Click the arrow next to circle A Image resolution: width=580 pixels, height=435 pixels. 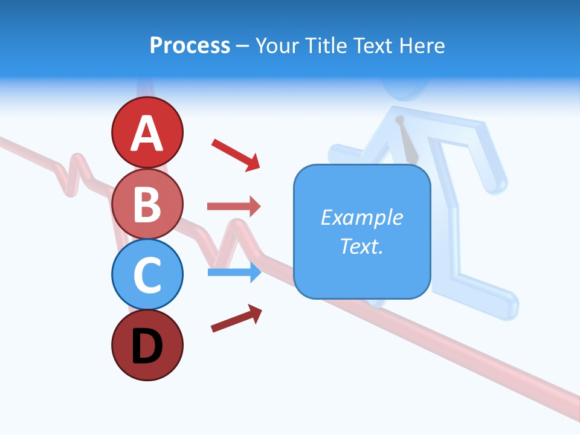pos(236,154)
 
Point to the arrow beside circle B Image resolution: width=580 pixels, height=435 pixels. pos(234,207)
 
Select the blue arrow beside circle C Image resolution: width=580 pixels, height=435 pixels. pos(234,272)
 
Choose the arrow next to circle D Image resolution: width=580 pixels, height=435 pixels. pos(236,318)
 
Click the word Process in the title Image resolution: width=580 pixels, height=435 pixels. pos(190,46)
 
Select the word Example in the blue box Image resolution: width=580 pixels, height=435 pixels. pos(361,217)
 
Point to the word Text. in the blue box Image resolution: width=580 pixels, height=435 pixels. pos(361,246)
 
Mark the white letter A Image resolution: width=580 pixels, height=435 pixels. pos(147,134)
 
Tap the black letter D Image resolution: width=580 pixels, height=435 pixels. pos(147,347)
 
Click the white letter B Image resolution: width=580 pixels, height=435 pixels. pos(147,205)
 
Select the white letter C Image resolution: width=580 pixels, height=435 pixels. pos(147,275)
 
